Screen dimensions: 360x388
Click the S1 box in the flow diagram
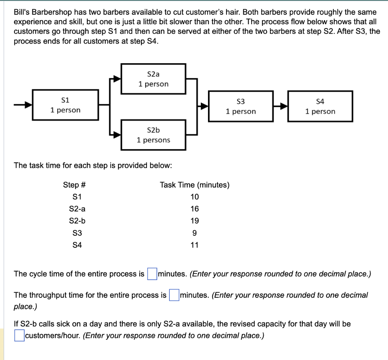[x=66, y=105]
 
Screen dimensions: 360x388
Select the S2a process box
[x=153, y=79]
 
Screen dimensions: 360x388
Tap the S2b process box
[x=153, y=135]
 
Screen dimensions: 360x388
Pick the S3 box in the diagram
[x=241, y=106]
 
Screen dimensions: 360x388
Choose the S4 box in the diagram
[x=320, y=106]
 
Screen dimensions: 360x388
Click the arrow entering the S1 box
[x=23, y=105]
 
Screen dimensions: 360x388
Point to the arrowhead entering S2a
[x=117, y=79]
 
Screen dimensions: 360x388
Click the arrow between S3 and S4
[x=280, y=107]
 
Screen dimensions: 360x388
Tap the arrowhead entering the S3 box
[x=205, y=107]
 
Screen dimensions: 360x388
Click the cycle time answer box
[x=152, y=274]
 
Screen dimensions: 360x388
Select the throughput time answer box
[x=174, y=295]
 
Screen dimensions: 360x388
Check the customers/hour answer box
[x=19, y=335]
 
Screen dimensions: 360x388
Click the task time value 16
[x=195, y=209]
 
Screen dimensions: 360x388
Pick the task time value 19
[x=195, y=221]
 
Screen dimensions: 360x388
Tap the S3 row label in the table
[x=77, y=233]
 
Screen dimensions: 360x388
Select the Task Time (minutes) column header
[x=195, y=185]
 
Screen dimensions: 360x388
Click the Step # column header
[x=75, y=185]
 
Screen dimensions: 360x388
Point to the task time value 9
[x=195, y=233]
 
